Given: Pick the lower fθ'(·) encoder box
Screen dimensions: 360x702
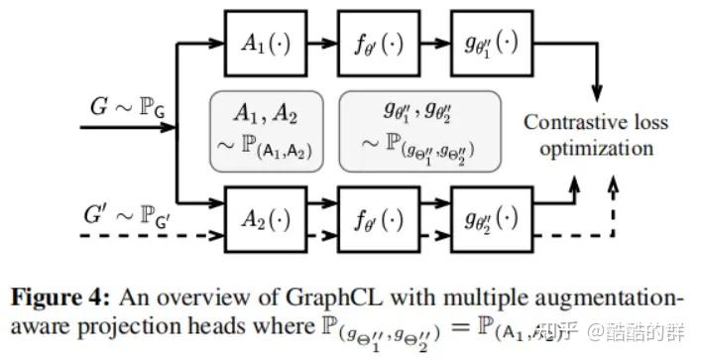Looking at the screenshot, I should [x=374, y=216].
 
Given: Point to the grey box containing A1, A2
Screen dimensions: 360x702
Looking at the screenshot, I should [x=267, y=130].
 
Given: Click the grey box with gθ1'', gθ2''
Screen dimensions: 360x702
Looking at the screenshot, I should [x=420, y=130].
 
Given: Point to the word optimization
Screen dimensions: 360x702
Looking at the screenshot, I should [x=596, y=149].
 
